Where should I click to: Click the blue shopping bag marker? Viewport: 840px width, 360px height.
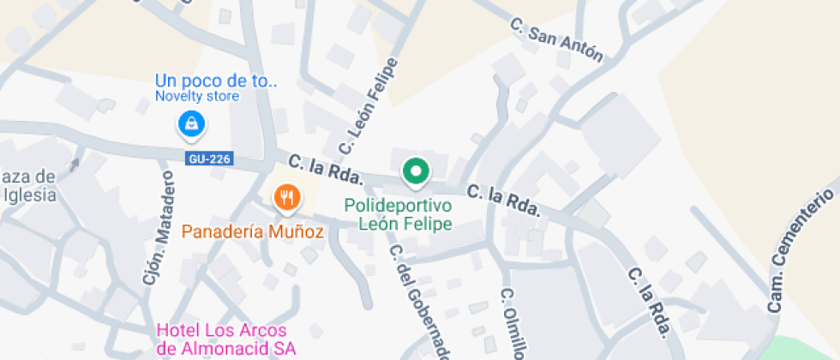191,123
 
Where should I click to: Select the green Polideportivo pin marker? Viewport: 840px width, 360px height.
416,171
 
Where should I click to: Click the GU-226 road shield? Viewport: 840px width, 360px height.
210,159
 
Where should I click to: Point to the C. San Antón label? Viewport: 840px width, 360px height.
556,40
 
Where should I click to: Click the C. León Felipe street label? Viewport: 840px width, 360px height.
370,107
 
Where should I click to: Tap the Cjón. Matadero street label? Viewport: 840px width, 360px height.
159,227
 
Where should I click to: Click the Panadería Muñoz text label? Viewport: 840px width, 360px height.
252,231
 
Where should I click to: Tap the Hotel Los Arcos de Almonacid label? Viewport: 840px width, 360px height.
226,339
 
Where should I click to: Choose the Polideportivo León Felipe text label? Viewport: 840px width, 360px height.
399,215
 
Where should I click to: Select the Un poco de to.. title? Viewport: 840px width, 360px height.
216,81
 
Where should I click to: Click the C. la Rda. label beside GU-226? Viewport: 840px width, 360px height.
327,170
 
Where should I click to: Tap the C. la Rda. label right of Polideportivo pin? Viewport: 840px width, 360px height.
503,200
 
